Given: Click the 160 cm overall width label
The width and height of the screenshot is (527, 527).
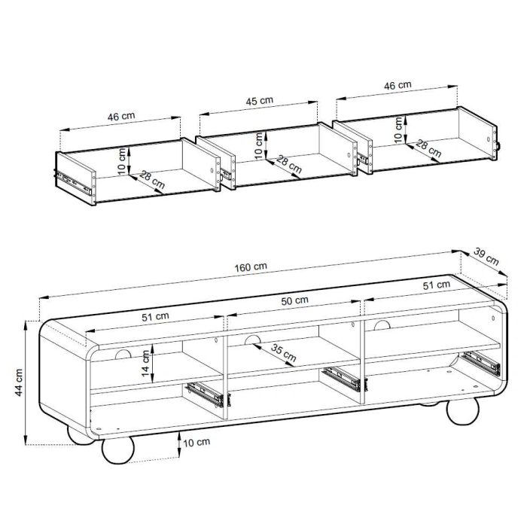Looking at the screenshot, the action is click(x=251, y=267).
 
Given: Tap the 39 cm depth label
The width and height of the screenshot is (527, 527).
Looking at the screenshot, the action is click(x=486, y=256).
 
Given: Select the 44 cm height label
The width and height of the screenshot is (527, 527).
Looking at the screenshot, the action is click(x=19, y=382).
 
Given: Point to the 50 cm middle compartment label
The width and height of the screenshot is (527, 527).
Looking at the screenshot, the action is click(x=295, y=300).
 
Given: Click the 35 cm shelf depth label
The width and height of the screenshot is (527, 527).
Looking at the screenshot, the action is click(x=283, y=353).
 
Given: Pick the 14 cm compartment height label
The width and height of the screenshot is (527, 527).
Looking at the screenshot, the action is click(x=145, y=364).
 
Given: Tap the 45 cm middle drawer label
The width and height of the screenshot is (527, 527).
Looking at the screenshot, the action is click(x=260, y=101).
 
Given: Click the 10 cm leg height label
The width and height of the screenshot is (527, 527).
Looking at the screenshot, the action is click(x=196, y=443).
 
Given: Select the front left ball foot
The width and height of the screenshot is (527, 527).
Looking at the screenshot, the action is click(x=118, y=450).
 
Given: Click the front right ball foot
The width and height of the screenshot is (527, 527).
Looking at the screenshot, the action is click(x=462, y=411).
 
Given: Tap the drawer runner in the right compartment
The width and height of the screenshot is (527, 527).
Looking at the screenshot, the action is click(x=480, y=363).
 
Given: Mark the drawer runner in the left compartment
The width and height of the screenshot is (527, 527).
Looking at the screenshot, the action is click(x=205, y=394).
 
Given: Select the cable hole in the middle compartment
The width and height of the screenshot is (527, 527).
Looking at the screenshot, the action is click(x=253, y=340).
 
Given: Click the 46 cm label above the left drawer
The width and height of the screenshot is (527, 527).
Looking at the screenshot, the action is click(x=121, y=117).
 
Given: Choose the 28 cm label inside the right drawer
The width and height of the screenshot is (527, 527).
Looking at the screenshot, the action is click(x=428, y=148).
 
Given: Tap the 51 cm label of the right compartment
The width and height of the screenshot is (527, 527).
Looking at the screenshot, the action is click(x=436, y=285).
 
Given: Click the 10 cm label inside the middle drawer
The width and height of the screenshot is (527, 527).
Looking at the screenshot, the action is click(x=258, y=145).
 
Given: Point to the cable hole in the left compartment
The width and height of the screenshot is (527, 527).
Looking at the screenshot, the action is click(x=123, y=355).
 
